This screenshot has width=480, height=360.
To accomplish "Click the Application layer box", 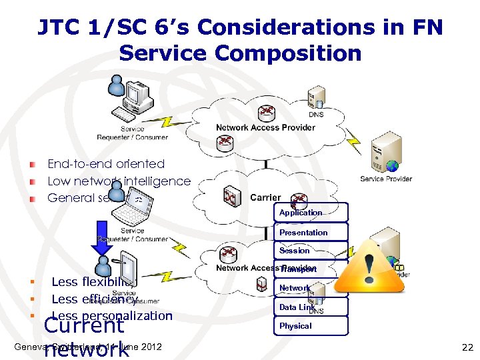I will tap(310, 213).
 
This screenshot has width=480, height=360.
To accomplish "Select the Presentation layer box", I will tap(310, 232).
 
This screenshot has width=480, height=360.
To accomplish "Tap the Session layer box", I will tap(310, 251).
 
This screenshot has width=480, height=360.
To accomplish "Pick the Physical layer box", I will tap(310, 326).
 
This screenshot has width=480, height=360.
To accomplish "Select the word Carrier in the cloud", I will tap(265, 197).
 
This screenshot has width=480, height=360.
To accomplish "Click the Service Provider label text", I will tap(386, 179).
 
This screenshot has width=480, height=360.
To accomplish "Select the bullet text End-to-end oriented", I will tap(106, 163).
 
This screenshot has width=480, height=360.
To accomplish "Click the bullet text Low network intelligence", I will tap(119, 181).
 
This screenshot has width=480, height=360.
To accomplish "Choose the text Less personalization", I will tap(111, 315).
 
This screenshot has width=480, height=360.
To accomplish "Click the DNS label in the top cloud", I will tap(317, 115).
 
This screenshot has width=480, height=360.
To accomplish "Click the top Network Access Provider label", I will tap(265, 127).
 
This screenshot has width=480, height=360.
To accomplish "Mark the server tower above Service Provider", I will tap(387, 151).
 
